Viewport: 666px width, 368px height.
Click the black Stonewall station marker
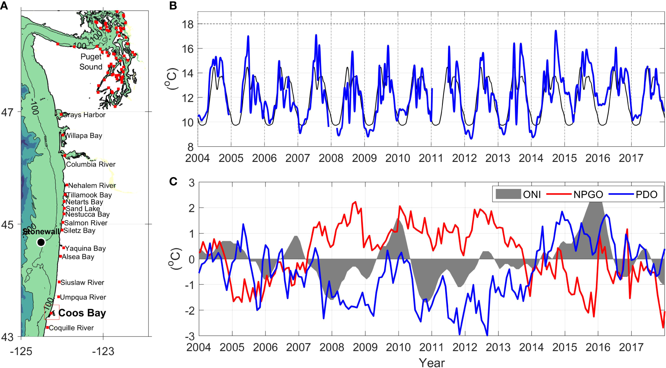point(41,242)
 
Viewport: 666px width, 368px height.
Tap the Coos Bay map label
point(82,313)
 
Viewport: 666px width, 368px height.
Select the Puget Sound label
point(91,62)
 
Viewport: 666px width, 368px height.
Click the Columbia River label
point(90,164)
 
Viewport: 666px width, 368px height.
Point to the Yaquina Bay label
point(85,248)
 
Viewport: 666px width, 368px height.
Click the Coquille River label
point(71,328)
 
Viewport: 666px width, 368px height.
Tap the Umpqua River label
point(83,297)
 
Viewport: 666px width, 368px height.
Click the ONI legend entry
point(531,194)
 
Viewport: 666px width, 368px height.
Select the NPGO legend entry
point(588,194)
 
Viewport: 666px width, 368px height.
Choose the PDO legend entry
point(646,194)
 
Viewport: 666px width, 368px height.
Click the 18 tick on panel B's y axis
point(188,24)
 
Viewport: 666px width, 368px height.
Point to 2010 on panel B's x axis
point(397,158)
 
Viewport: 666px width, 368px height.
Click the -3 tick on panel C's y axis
point(190,337)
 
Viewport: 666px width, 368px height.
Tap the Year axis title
point(431,363)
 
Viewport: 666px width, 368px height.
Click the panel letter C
point(173,181)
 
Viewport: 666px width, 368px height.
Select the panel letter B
point(173,5)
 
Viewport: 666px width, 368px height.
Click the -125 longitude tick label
point(21,351)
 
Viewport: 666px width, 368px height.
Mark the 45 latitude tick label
point(7,225)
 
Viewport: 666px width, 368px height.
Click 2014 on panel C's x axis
point(531,347)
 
